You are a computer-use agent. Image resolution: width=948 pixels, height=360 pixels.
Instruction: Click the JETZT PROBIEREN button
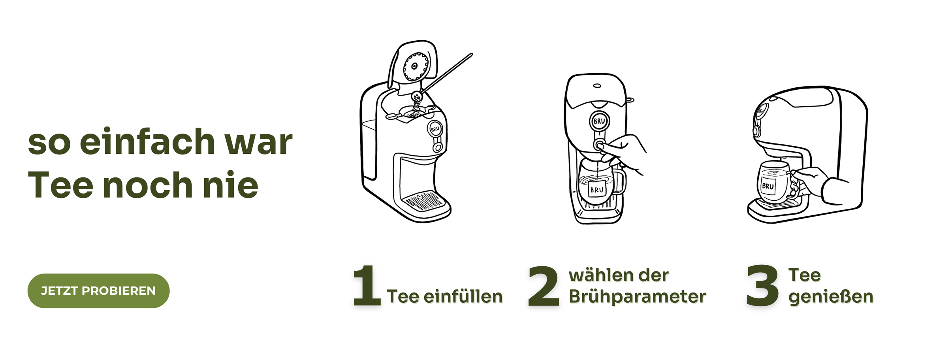(x=98, y=291)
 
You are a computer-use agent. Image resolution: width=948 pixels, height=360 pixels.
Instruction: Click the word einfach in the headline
(x=147, y=141)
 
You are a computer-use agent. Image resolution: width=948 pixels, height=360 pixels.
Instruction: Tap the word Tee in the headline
(x=60, y=185)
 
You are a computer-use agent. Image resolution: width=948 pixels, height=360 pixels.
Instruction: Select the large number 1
(x=367, y=285)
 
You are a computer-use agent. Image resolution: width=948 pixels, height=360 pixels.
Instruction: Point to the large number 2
(x=544, y=286)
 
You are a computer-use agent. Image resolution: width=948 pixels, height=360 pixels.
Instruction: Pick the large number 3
(x=762, y=286)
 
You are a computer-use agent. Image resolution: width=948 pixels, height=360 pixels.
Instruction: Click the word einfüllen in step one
(x=463, y=296)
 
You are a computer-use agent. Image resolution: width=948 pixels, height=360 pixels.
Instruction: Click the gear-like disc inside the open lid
(x=416, y=66)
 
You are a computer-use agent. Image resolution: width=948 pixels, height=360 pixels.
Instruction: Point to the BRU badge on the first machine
(x=435, y=129)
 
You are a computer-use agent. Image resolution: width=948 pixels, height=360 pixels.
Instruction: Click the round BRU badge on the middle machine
(x=599, y=121)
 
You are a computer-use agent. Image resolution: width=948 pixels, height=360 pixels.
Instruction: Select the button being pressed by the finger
(x=599, y=145)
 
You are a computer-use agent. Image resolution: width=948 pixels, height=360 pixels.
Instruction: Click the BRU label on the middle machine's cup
(x=596, y=190)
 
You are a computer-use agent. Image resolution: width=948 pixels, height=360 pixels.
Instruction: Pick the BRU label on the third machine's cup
(x=768, y=186)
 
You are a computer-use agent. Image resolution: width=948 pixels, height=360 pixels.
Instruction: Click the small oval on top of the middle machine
(x=597, y=86)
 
